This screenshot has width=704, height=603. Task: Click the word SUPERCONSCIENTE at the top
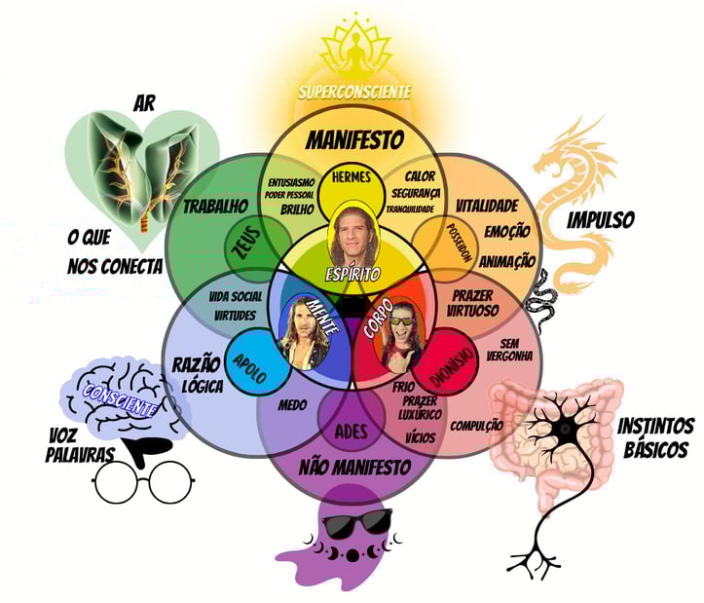coord(354,92)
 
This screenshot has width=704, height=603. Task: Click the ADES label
coord(352,431)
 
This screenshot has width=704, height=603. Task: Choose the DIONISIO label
coord(450,361)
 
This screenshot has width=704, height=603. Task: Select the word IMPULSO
coord(601,220)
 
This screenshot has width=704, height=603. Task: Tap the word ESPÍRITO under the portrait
coord(353,275)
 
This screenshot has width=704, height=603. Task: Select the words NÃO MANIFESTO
coord(352,467)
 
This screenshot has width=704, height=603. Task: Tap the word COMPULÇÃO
coord(478,425)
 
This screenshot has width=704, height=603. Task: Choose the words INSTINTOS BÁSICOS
coord(655,437)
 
